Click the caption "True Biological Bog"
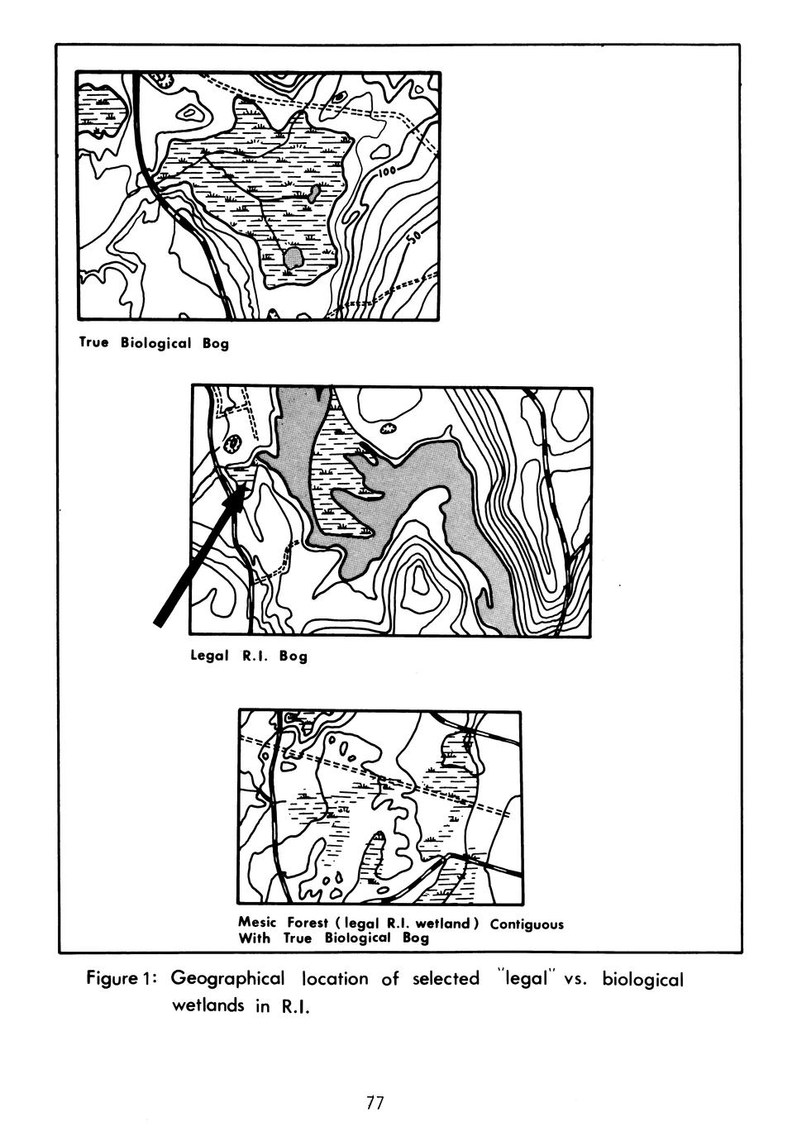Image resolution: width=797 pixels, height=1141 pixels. (x=154, y=343)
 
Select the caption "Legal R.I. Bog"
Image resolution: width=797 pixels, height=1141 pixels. (x=249, y=656)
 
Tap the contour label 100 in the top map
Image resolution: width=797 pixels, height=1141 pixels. (x=387, y=171)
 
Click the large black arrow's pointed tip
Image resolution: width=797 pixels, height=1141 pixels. (x=246, y=485)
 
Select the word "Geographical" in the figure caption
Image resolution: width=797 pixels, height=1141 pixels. (x=227, y=978)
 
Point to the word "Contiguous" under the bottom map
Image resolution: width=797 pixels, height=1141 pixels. (x=527, y=923)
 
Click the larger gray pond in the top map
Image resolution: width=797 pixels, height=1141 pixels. (x=293, y=258)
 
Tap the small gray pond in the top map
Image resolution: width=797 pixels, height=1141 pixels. (x=314, y=193)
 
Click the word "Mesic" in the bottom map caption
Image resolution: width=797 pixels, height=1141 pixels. (x=258, y=921)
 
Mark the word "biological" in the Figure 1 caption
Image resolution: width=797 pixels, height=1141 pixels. (x=642, y=979)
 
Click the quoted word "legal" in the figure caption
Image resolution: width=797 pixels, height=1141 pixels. (x=524, y=978)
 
